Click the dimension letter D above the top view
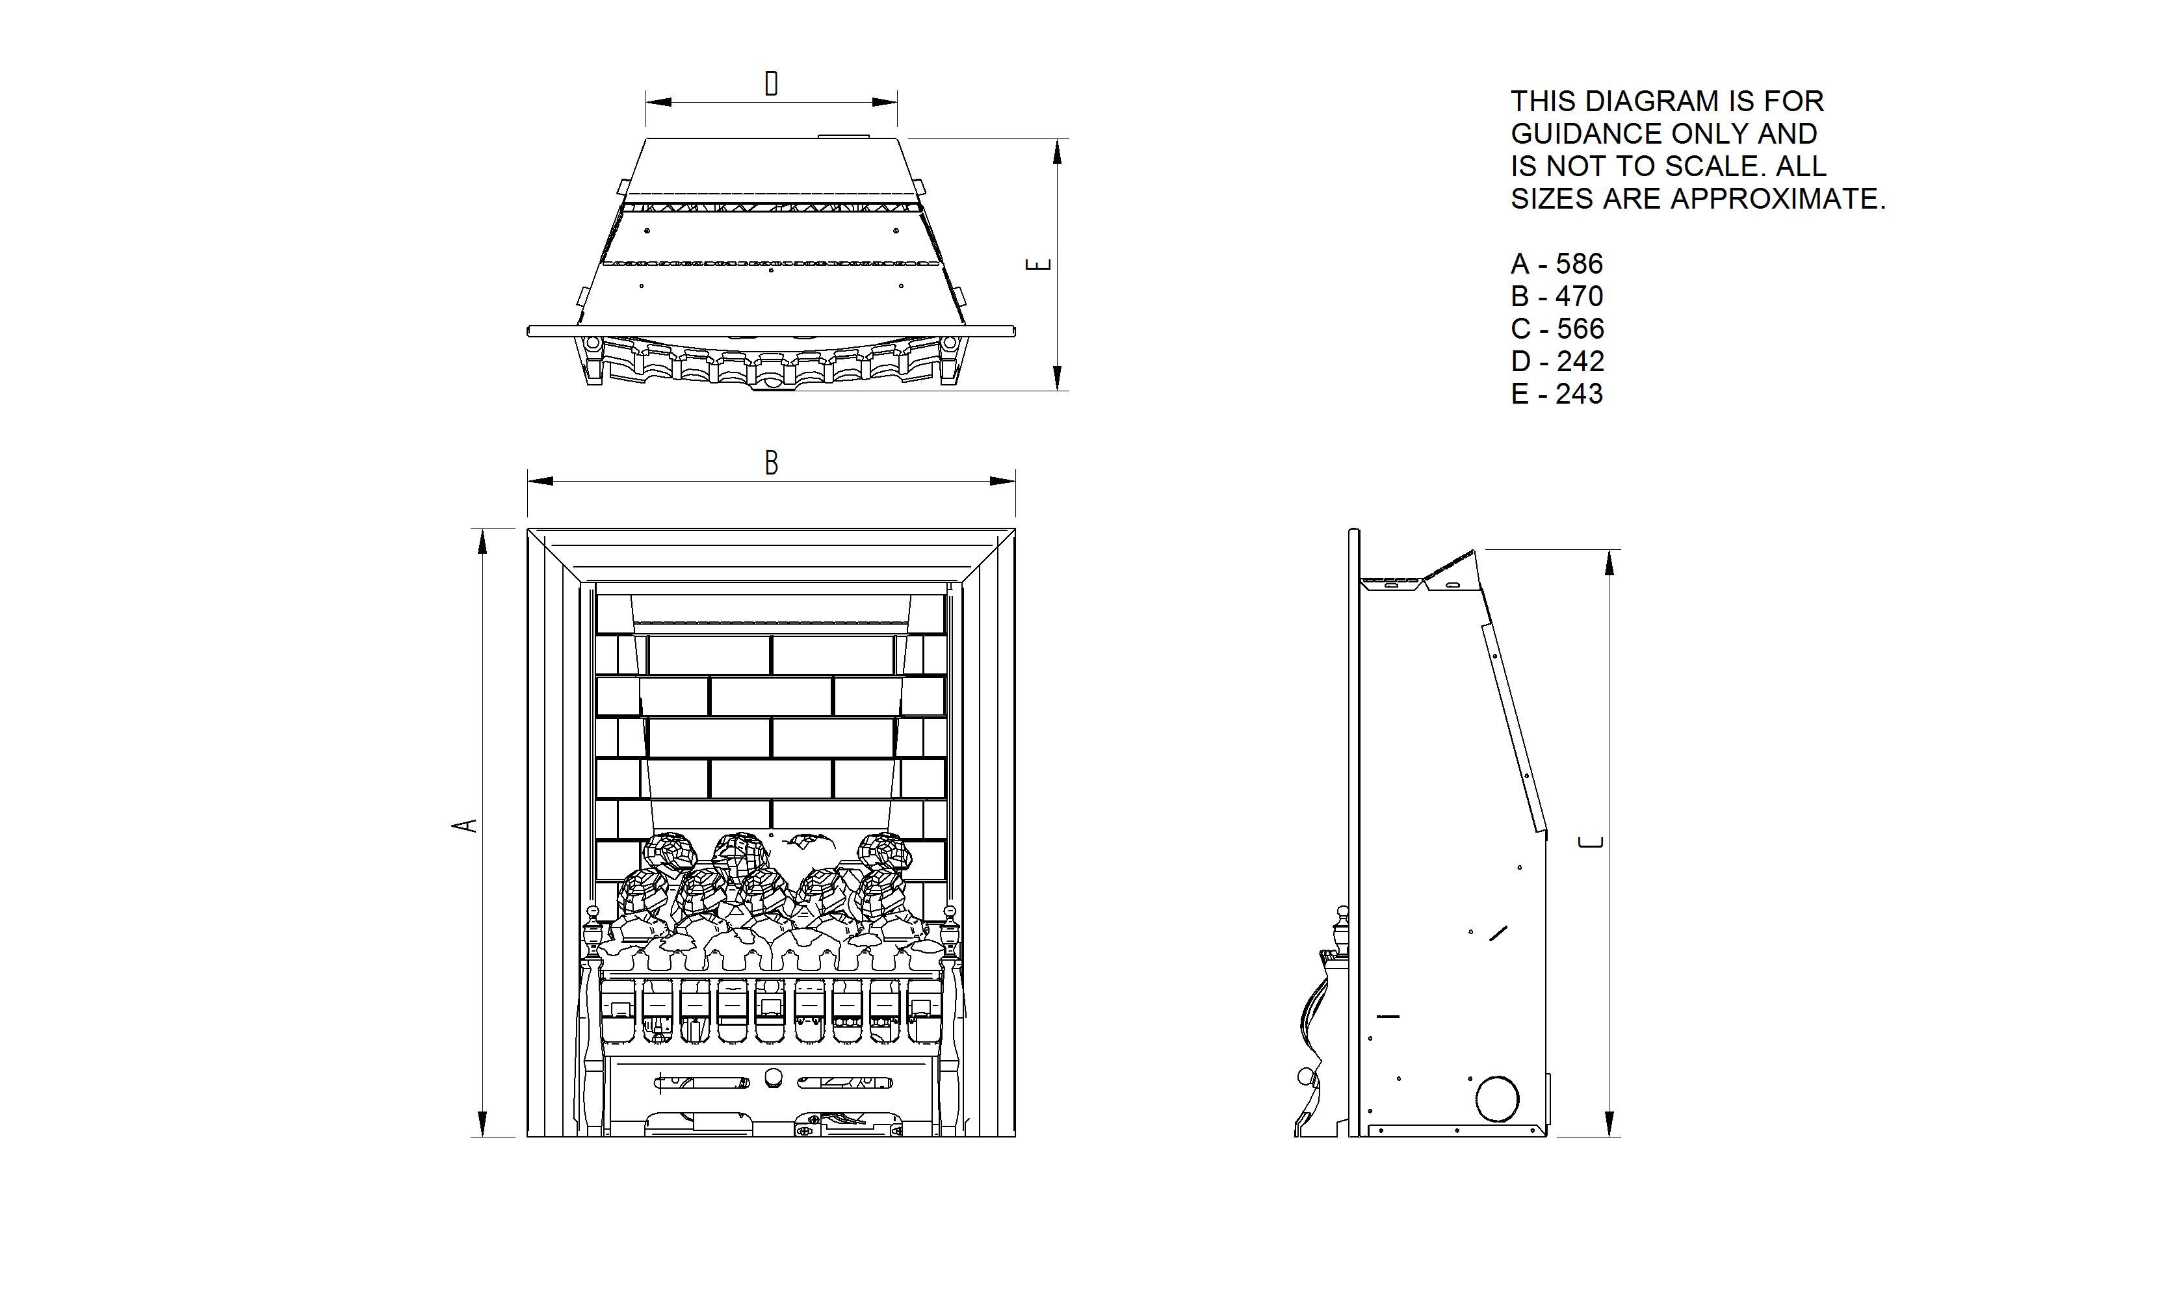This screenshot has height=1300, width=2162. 771,84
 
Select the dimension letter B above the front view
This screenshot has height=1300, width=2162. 771,463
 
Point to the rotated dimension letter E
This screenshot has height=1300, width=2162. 1038,264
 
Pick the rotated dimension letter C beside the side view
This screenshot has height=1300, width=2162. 1590,842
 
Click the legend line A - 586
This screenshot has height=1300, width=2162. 1557,264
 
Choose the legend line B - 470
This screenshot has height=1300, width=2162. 1557,296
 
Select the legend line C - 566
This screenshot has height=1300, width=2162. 1557,328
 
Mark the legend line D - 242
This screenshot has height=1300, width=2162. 1557,361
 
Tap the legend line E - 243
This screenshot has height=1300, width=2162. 1557,394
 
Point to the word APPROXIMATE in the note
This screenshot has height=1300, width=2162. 1777,200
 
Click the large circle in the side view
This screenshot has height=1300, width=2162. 1497,1098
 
